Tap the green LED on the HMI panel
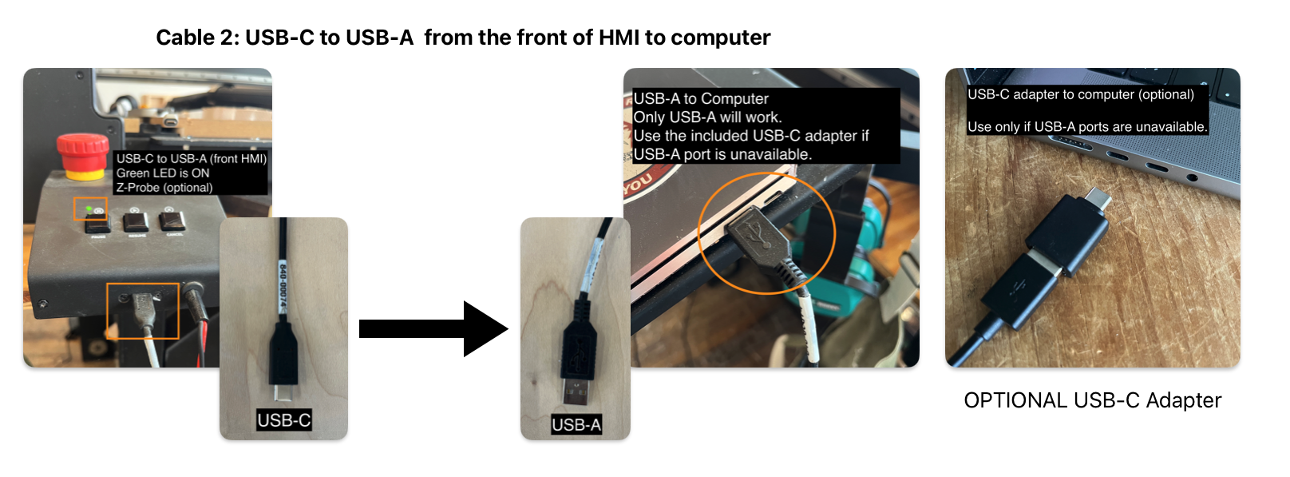pos(89,209)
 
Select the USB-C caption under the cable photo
pos(283,420)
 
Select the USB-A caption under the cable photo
pos(576,425)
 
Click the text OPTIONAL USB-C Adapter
pos(1092,400)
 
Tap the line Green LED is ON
pos(163,173)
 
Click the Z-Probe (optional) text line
pos(164,188)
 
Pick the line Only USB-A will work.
pos(707,117)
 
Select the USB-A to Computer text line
pos(701,99)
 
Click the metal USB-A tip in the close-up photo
pos(575,392)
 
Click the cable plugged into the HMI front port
pos(144,312)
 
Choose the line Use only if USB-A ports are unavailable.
pos(1086,127)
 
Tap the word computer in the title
pos(720,38)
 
